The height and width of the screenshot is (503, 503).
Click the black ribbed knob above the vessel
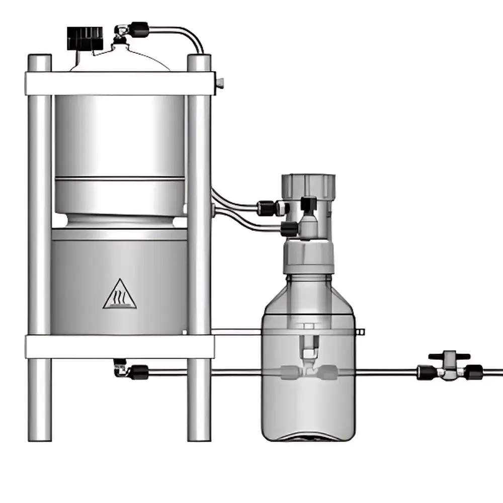pos(85,38)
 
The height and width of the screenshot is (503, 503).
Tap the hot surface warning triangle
pos(120,294)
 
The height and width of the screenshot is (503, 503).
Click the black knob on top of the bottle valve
pos(308,203)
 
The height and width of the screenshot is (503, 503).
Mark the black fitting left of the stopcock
pos(426,373)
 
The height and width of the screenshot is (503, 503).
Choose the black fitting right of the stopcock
pos(473,373)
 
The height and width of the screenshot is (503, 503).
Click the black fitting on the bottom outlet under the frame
pos(138,372)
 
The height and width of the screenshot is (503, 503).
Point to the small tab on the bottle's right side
pos(361,331)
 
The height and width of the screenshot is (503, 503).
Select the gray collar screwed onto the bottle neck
pos(308,257)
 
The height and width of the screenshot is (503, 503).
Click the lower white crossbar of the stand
pos(120,346)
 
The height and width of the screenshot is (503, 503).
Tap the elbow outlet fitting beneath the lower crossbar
pos(120,368)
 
